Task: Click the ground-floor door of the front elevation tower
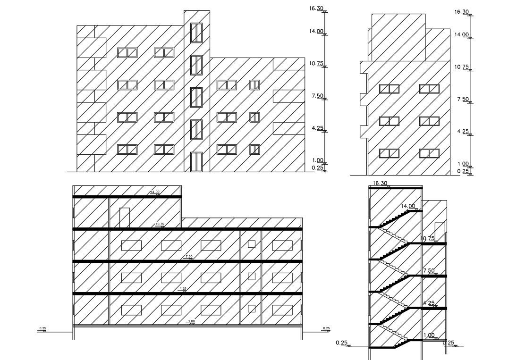click(196, 162)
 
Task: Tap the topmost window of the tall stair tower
click(196, 33)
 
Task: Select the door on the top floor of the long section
click(125, 218)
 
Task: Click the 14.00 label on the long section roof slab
click(154, 192)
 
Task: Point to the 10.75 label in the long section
click(160, 224)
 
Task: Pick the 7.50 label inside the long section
click(189, 257)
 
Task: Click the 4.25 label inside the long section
click(183, 289)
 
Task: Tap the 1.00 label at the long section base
click(191, 322)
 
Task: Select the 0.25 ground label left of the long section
click(42, 328)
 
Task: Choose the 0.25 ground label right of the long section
click(326, 328)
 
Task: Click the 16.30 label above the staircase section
click(380, 183)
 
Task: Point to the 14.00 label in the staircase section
click(408, 206)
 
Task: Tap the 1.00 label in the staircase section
click(429, 335)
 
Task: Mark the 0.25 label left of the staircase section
click(342, 343)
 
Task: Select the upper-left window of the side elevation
click(389, 89)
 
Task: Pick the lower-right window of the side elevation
click(429, 153)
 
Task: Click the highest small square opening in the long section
click(252, 244)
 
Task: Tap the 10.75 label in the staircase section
click(427, 239)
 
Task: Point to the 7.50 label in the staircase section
click(429, 271)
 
